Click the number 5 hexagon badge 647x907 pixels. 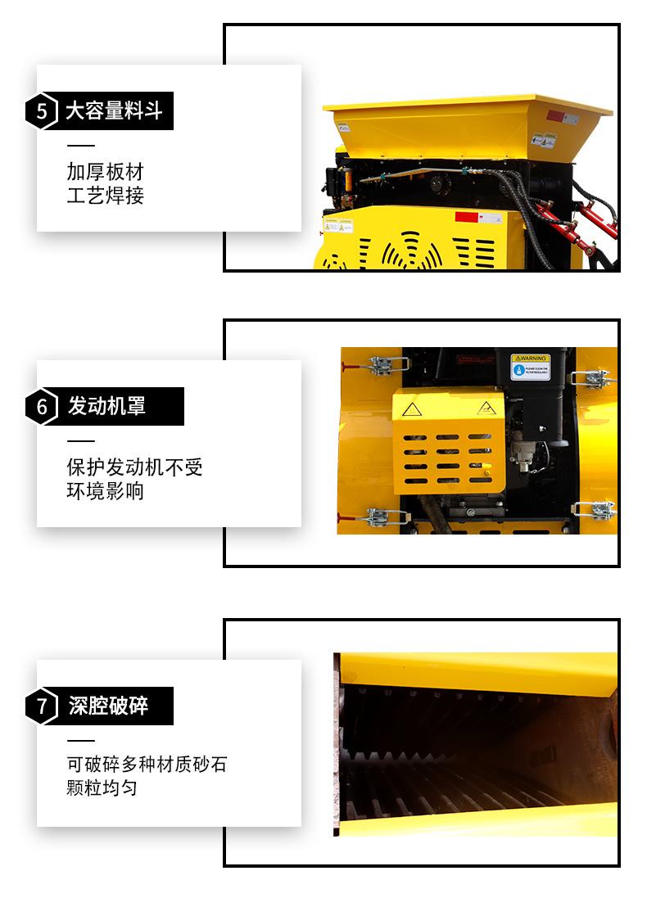coord(42,111)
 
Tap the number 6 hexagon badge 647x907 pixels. coord(42,406)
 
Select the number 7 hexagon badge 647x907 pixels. coord(42,706)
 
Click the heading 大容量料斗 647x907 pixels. coord(115,111)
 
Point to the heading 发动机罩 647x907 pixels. coord(106,406)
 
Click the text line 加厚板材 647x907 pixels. coord(105,172)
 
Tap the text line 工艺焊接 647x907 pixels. coord(105,196)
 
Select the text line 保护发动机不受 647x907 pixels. coord(134,467)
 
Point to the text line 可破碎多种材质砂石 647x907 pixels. coord(147,765)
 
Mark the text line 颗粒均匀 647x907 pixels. coord(102,788)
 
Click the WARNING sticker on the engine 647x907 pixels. coord(530,366)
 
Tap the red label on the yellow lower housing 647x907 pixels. coord(466,217)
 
